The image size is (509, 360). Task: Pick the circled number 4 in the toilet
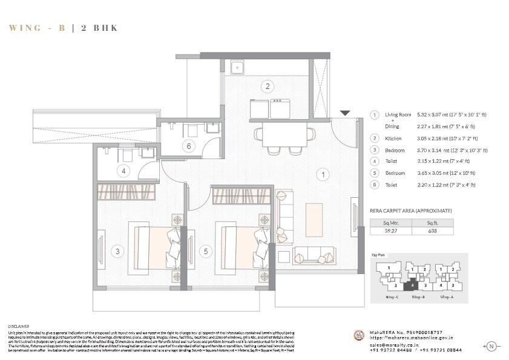[123, 171]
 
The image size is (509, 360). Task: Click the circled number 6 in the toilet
[189, 146]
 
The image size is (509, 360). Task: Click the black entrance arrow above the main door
[344, 113]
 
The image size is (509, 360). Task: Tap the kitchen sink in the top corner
[236, 67]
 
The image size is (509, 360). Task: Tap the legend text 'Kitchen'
[393, 138]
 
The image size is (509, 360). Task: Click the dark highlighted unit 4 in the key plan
[412, 283]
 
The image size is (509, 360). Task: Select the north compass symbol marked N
[491, 346]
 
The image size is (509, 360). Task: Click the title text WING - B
[36, 28]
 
